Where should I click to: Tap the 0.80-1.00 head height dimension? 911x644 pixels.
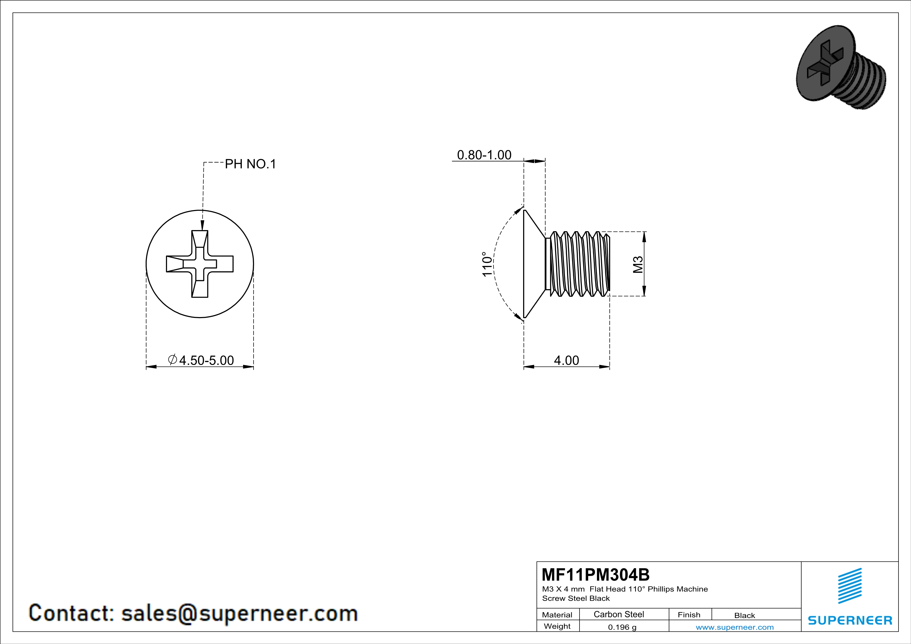(x=484, y=155)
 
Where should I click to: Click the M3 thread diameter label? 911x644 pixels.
(x=638, y=265)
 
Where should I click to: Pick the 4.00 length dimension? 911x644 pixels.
(x=566, y=360)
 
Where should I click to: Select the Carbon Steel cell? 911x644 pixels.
(x=619, y=614)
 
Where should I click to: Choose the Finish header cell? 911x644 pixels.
(x=689, y=615)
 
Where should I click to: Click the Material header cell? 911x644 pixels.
(x=557, y=615)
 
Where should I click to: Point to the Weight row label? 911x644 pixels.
(x=557, y=626)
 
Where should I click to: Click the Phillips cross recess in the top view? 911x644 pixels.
(x=200, y=264)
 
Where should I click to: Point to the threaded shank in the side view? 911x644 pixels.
(x=579, y=264)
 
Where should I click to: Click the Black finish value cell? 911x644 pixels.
(x=744, y=615)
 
